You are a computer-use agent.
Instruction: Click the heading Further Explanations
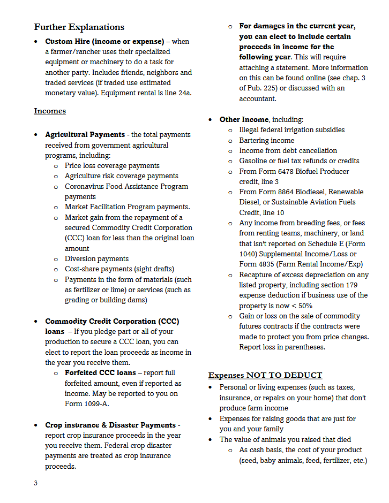tap(79, 27)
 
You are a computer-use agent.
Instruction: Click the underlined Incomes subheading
tap(50, 111)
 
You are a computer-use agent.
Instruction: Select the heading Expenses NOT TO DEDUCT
tap(265, 375)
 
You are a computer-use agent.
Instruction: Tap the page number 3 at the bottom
tap(36, 483)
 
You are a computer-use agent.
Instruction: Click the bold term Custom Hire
tap(67, 42)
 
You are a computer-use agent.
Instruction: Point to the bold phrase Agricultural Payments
tap(85, 135)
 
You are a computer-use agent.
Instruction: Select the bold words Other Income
tap(245, 120)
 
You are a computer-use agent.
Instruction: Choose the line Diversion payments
tap(96, 259)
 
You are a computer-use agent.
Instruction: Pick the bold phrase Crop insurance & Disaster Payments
tap(110, 425)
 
